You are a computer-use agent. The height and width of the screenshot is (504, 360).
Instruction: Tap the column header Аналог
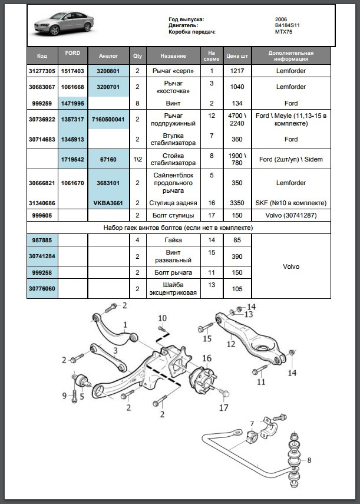108,56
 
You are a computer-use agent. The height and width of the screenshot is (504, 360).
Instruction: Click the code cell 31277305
42,71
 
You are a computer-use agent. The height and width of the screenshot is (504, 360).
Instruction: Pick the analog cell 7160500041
108,119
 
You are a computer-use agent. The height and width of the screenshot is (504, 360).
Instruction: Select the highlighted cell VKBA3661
108,203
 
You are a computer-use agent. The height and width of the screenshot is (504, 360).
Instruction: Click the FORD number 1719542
73,160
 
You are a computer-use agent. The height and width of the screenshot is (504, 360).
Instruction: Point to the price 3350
237,203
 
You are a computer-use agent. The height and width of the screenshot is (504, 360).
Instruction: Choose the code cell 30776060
42,289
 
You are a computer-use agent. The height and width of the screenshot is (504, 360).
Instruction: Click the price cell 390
237,256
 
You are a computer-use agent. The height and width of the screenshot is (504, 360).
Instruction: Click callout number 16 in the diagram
207,358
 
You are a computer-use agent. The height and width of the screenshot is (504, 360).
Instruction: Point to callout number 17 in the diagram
223,407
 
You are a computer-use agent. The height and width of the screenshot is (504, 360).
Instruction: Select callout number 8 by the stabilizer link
309,460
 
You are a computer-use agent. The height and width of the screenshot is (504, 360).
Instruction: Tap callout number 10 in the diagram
163,318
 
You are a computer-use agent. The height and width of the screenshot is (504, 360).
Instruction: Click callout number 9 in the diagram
65,395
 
